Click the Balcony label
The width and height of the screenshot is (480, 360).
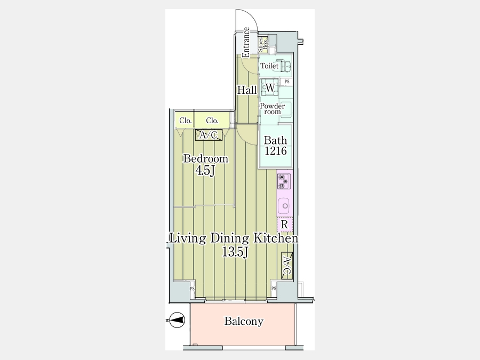[x=244, y=321]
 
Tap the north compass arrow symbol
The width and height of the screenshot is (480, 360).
[x=177, y=320]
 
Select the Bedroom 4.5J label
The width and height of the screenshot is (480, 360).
[x=205, y=165]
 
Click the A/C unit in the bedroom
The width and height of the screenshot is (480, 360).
[x=209, y=135]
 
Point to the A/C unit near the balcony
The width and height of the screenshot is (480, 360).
[x=287, y=266]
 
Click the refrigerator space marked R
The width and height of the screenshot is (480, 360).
[x=285, y=225]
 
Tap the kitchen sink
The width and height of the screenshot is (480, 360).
[x=285, y=205]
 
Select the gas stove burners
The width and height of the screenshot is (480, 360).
[x=284, y=181]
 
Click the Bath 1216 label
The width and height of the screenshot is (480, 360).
[x=276, y=146]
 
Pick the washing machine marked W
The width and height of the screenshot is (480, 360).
[x=270, y=88]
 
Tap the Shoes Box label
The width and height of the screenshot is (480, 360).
[x=262, y=44]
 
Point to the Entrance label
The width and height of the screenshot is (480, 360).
[x=246, y=42]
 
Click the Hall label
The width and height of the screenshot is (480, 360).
[x=247, y=90]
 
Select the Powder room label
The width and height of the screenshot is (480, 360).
[x=272, y=109]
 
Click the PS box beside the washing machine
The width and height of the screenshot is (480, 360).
[x=286, y=82]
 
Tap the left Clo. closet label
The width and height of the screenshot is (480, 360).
[x=186, y=121]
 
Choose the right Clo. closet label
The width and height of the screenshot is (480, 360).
[x=212, y=121]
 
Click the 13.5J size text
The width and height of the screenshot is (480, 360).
[x=235, y=252]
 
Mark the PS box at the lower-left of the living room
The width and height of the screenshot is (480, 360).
[x=192, y=289]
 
